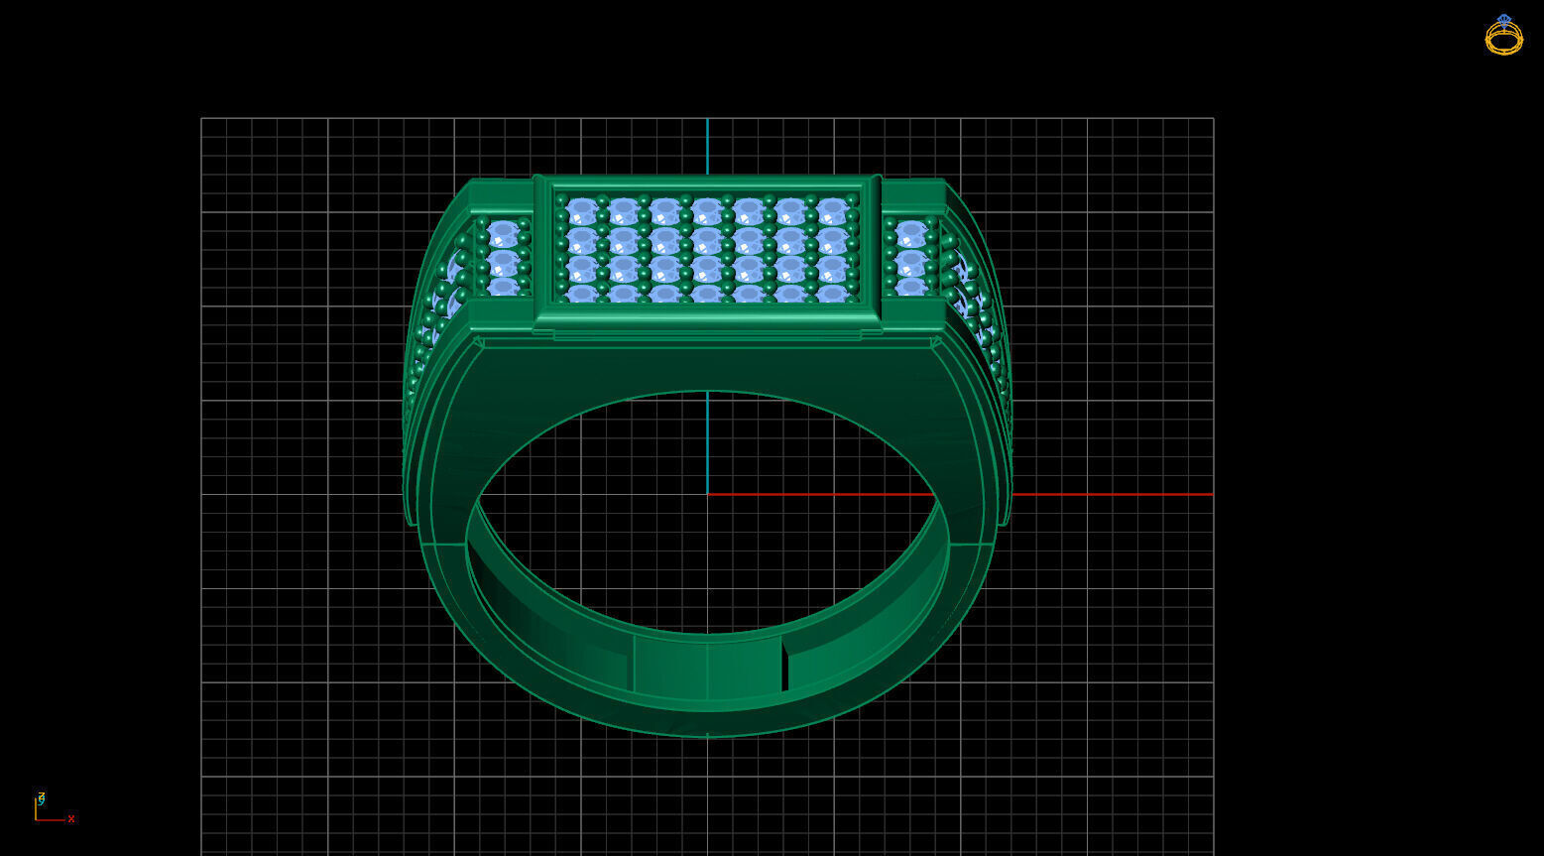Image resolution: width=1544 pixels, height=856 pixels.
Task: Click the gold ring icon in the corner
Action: tap(1503, 35)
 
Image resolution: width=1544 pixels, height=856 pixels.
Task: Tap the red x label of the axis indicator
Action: tap(71, 819)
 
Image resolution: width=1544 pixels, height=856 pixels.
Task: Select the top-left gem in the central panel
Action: tap(582, 211)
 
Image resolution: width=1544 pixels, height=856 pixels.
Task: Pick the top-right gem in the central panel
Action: tap(832, 211)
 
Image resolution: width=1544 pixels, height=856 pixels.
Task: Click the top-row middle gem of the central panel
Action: tap(707, 211)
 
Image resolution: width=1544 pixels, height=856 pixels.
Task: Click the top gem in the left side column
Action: tap(504, 235)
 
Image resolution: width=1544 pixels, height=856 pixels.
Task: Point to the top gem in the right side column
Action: tap(910, 235)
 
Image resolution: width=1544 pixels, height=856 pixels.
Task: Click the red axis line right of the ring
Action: tap(1111, 494)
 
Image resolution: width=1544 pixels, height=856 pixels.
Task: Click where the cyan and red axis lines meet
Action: tap(707, 494)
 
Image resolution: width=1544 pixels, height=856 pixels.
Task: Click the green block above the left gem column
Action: tap(501, 196)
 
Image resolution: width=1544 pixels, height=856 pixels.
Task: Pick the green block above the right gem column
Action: tap(912, 196)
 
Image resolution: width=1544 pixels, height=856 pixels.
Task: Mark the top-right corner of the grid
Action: tap(1213, 118)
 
